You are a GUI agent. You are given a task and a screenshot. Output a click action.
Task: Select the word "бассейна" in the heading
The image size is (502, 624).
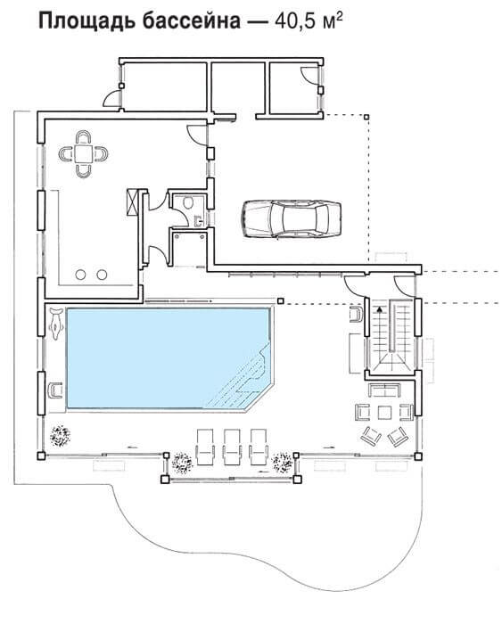[x=191, y=22]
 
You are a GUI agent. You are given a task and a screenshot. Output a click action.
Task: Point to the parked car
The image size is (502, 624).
[x=291, y=219]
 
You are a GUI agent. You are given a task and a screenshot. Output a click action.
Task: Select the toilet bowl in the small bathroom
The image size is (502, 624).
[x=188, y=202]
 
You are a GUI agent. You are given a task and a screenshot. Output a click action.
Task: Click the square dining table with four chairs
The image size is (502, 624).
[x=83, y=153]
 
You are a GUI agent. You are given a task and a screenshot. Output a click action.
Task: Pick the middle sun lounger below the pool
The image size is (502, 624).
[x=232, y=447]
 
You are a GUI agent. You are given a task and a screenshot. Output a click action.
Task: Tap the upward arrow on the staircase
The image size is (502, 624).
[x=380, y=308]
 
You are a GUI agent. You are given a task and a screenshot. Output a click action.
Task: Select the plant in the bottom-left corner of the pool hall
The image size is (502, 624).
[x=60, y=435]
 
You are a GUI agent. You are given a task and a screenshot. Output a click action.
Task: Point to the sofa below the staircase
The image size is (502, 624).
[x=384, y=390]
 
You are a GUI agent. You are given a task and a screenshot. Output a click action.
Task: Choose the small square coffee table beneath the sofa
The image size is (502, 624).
[x=383, y=413]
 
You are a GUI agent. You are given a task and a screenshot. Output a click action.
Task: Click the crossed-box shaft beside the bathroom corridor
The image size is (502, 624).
[x=132, y=201]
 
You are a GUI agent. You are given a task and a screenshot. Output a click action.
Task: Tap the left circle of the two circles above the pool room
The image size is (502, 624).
[x=81, y=275]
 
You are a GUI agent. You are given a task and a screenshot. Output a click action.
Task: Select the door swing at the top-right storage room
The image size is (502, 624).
[x=309, y=75]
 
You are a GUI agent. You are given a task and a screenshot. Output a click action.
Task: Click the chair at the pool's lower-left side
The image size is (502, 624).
[x=55, y=390]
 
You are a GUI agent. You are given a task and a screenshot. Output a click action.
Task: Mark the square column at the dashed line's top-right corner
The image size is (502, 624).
[x=366, y=117]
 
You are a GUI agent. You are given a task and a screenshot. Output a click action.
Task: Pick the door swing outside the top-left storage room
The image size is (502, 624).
[x=111, y=98]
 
